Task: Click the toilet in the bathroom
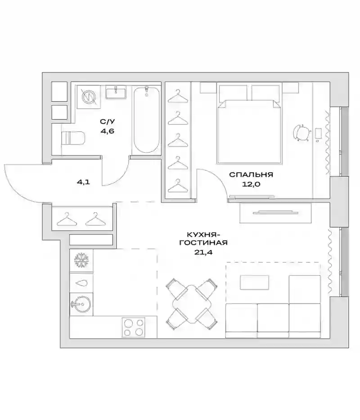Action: point(73,138)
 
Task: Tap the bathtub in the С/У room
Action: point(146,119)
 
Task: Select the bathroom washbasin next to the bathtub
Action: point(116,93)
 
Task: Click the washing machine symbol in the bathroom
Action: point(89,97)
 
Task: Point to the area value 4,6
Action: point(108,131)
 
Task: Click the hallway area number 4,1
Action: point(83,182)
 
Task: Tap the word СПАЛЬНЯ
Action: point(251,174)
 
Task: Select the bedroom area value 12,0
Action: point(251,184)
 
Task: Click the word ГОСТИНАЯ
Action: point(203,243)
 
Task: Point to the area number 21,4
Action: point(203,252)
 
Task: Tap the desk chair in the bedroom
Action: point(302,133)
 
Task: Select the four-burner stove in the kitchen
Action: point(134,327)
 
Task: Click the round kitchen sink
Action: point(82,304)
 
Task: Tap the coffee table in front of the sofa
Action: point(254,282)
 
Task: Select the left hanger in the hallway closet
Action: point(67,219)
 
